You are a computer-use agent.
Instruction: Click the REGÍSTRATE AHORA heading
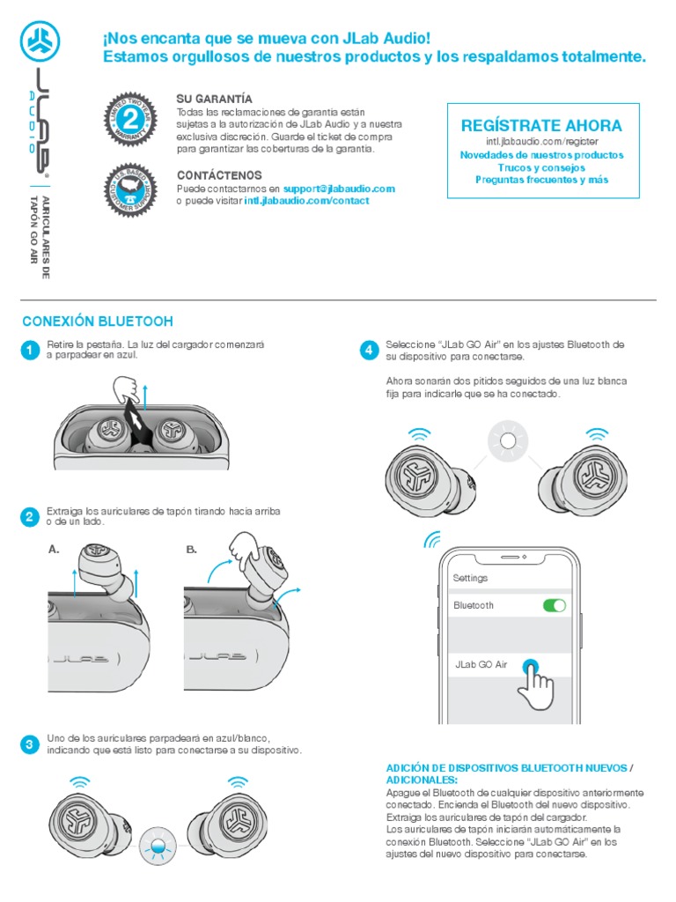click(x=541, y=125)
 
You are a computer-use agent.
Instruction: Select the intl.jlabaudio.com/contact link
click(x=306, y=201)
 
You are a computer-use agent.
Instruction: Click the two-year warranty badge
click(x=130, y=119)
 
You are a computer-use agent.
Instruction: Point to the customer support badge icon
click(x=130, y=189)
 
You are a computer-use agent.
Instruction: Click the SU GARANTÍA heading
click(x=214, y=99)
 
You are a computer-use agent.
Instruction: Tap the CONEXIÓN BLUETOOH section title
click(x=97, y=322)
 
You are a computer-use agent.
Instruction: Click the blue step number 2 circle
click(x=29, y=517)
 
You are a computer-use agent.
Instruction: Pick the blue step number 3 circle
click(x=29, y=744)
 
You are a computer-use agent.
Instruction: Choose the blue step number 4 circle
click(x=370, y=350)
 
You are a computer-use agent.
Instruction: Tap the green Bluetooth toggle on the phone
click(x=555, y=605)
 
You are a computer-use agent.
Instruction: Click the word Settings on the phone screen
click(x=470, y=578)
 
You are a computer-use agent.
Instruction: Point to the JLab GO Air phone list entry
click(x=481, y=665)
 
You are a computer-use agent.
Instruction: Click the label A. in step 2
click(x=55, y=549)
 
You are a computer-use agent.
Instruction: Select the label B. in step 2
click(x=192, y=549)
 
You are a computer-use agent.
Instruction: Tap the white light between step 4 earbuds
click(x=505, y=441)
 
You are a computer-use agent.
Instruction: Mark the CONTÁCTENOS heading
click(x=219, y=175)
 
